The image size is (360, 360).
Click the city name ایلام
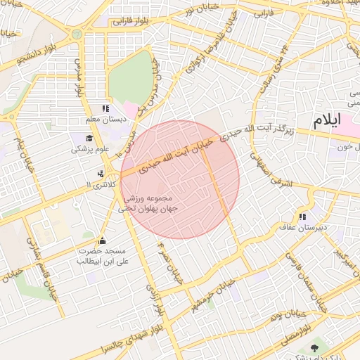point(326,120)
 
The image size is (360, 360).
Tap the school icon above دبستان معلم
point(105,109)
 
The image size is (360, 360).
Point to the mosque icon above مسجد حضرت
point(102,240)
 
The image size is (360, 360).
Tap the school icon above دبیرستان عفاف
point(302,217)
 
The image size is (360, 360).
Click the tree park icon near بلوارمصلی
point(314,349)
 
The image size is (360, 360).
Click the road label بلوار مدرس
point(78,77)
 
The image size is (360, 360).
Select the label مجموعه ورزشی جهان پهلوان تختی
point(150,203)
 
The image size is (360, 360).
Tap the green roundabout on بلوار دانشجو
point(77,33)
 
